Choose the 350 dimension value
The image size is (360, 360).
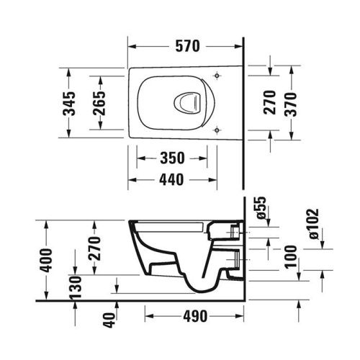pyautogui.click(x=174, y=158)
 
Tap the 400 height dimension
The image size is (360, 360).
pyautogui.click(x=46, y=257)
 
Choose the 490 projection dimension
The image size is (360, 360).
pyautogui.click(x=194, y=315)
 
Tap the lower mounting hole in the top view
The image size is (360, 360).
pyautogui.click(x=217, y=130)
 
